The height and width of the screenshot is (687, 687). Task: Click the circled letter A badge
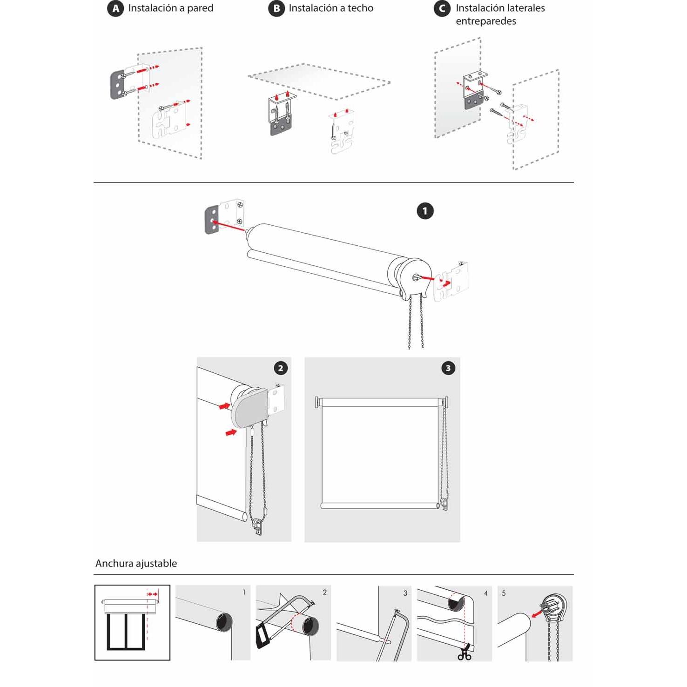[115, 8]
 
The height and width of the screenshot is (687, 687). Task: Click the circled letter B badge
[276, 8]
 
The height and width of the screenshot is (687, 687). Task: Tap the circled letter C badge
[442, 8]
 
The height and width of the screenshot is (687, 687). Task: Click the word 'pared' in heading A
[200, 8]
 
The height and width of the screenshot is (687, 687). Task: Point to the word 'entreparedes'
[485, 21]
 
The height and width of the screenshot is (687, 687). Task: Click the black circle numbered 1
[424, 211]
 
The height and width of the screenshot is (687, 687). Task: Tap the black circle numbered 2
[280, 368]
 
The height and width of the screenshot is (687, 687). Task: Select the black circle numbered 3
[448, 368]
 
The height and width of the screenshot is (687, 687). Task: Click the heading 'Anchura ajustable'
[136, 563]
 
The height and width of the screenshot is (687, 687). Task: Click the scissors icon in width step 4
[464, 654]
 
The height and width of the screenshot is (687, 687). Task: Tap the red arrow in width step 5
[537, 614]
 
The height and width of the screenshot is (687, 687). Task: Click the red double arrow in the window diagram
[152, 594]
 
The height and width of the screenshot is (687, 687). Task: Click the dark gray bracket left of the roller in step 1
[212, 220]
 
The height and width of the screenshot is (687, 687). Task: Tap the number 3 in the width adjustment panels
[405, 593]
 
